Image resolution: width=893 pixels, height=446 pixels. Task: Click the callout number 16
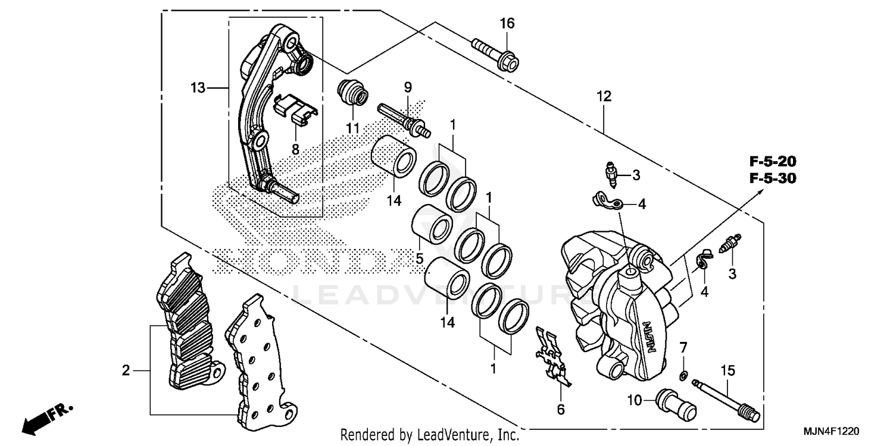[x=507, y=24]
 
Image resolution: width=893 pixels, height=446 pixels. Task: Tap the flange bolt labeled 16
[x=496, y=52]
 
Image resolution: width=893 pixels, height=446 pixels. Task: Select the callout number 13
[x=198, y=89]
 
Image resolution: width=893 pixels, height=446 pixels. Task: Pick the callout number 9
[x=408, y=87]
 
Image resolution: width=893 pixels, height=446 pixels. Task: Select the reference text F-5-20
[x=773, y=161]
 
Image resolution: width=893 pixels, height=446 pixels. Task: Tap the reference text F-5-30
[x=773, y=178]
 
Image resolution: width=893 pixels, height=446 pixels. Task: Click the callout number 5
[x=419, y=259]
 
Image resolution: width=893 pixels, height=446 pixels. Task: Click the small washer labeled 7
[x=684, y=374]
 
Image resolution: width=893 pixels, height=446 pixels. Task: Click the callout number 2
[x=126, y=371]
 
